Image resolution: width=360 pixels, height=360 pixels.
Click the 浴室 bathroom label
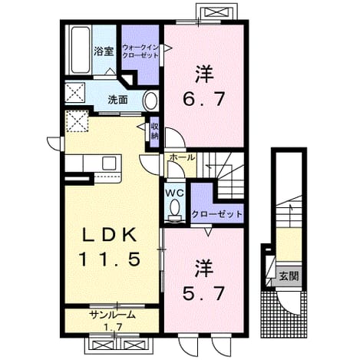104,51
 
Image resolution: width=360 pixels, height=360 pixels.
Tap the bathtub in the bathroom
80,50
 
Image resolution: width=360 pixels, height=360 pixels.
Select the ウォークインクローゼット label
140,51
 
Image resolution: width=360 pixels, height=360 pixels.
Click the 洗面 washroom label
117,100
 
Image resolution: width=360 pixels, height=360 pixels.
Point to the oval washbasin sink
150,101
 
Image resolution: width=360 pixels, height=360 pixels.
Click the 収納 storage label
154,131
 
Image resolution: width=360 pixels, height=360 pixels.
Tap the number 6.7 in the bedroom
204,99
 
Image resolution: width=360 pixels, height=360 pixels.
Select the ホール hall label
182,157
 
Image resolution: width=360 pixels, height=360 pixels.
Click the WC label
174,193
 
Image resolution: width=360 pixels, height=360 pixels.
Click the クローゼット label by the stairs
216,214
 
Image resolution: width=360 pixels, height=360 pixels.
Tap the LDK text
108,235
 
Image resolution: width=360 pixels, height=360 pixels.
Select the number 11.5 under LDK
110,259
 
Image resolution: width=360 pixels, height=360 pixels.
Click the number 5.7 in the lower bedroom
204,293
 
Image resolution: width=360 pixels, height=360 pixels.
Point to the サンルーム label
112,315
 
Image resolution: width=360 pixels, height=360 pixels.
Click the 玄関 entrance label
289,276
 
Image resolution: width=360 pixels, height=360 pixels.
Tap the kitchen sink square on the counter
109,163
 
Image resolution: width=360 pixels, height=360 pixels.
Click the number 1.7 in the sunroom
113,326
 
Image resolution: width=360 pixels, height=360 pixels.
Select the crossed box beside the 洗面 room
75,93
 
